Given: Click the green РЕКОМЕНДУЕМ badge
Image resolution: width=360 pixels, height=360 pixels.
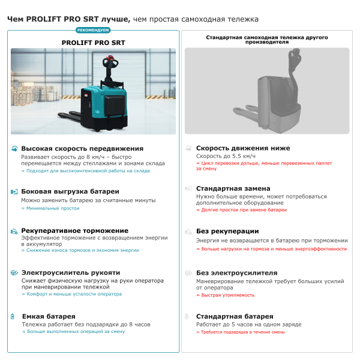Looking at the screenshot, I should (x=94, y=30).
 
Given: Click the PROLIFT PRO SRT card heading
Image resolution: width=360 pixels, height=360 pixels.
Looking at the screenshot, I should (x=94, y=43).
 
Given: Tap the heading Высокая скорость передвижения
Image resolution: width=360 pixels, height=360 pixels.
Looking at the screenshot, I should (x=82, y=148).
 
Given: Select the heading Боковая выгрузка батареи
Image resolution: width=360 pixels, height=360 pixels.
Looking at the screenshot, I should (x=70, y=191).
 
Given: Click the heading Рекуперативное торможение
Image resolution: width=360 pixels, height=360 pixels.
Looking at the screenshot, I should (x=74, y=230).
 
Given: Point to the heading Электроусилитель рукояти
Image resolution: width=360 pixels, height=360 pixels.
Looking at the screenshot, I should (x=70, y=272).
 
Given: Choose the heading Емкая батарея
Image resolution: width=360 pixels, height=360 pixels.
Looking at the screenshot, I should (x=49, y=316).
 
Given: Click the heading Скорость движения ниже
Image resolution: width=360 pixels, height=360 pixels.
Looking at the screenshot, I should (x=243, y=148).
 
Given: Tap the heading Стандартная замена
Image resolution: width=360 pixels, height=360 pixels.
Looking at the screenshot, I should (x=233, y=188).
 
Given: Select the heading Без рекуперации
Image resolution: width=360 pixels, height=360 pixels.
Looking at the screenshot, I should (x=227, y=231).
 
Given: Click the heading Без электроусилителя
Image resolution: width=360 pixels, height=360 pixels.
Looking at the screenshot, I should (x=236, y=273).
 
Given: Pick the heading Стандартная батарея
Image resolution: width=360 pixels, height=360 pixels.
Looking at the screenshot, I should (x=235, y=316).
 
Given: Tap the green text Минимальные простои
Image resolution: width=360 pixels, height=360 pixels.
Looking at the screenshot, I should (x=50, y=208).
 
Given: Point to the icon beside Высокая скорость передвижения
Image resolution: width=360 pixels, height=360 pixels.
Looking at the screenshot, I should (x=14, y=148).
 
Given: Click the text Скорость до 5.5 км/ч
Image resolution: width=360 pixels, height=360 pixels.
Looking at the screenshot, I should (x=226, y=156).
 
